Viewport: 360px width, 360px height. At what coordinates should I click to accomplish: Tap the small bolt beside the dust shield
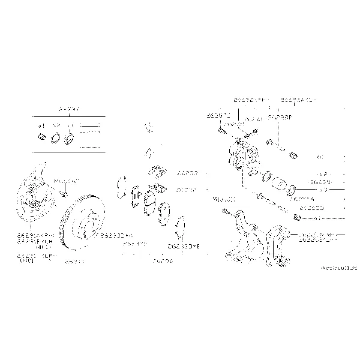click(62, 193)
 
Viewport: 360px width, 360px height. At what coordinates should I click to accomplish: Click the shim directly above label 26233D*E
click(179, 226)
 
